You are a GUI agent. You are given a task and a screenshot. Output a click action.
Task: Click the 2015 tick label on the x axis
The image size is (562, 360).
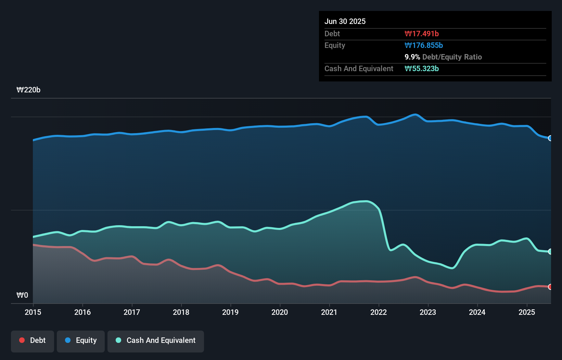click(33, 312)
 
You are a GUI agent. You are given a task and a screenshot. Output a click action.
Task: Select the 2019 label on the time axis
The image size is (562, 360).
click(230, 312)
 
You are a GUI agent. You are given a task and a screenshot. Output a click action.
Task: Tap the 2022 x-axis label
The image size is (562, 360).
click(379, 312)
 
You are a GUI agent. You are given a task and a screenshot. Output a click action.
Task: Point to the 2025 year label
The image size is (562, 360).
click(527, 312)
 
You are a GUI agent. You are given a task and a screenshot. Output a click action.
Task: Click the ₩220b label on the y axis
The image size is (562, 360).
click(28, 90)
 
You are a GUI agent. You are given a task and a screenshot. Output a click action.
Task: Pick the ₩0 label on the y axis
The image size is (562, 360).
click(22, 295)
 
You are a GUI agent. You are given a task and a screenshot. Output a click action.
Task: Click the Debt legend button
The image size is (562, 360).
click(33, 340)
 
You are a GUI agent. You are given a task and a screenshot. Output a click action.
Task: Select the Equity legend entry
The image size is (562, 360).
click(81, 340)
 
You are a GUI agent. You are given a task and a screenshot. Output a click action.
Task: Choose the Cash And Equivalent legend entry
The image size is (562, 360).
click(156, 340)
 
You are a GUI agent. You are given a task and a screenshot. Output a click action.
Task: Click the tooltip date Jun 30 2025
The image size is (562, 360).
click(345, 21)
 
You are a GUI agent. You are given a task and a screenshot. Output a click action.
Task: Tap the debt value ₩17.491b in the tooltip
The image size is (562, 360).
click(421, 34)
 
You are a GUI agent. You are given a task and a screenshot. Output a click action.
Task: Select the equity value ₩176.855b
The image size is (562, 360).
click(423, 45)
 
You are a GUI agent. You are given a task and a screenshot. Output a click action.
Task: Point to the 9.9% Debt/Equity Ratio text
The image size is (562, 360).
click(443, 57)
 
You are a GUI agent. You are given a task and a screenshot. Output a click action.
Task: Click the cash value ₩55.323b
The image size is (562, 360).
click(421, 68)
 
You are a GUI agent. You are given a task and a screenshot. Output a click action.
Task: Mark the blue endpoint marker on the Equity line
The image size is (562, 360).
click(550, 138)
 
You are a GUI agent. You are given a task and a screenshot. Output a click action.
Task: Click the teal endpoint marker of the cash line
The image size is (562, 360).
click(550, 252)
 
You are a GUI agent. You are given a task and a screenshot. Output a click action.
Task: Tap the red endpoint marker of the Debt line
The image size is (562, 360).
click(550, 287)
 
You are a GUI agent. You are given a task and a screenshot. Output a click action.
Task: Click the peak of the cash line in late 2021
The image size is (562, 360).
click(366, 201)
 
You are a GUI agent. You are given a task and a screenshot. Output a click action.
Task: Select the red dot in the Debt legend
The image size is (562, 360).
click(22, 340)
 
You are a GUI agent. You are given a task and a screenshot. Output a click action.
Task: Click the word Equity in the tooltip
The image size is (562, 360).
click(335, 45)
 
